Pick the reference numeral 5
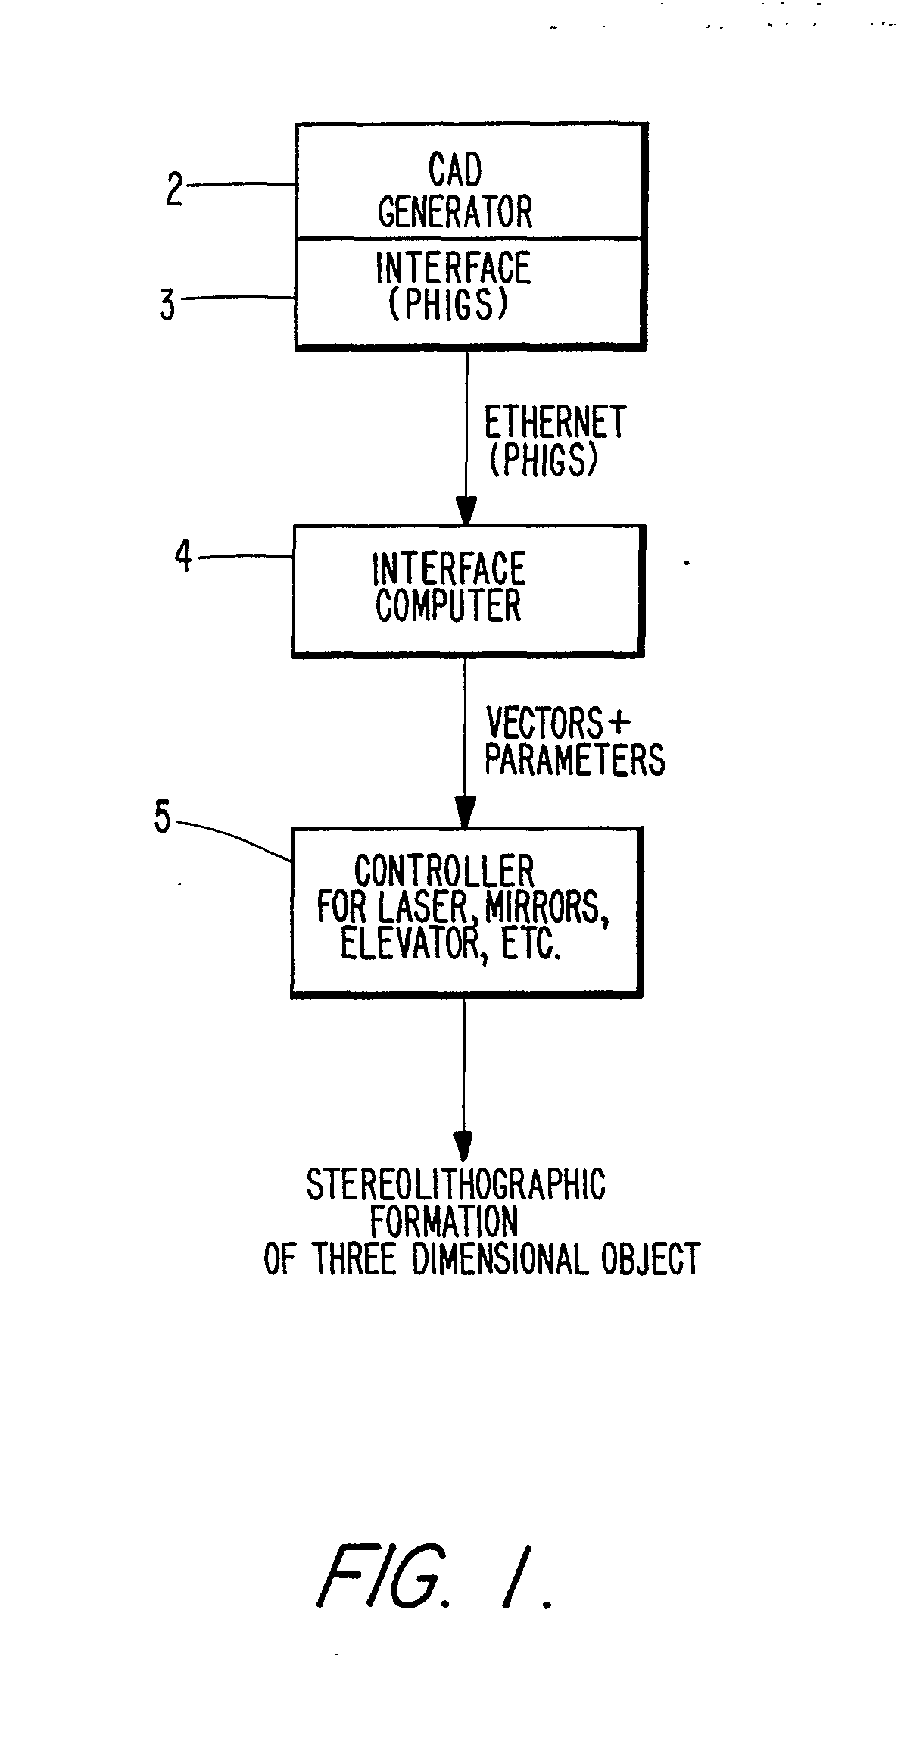(163, 817)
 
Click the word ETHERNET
(555, 422)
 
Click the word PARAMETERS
(575, 759)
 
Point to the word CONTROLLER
(444, 872)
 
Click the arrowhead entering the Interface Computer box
(466, 510)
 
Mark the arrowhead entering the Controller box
(465, 813)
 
